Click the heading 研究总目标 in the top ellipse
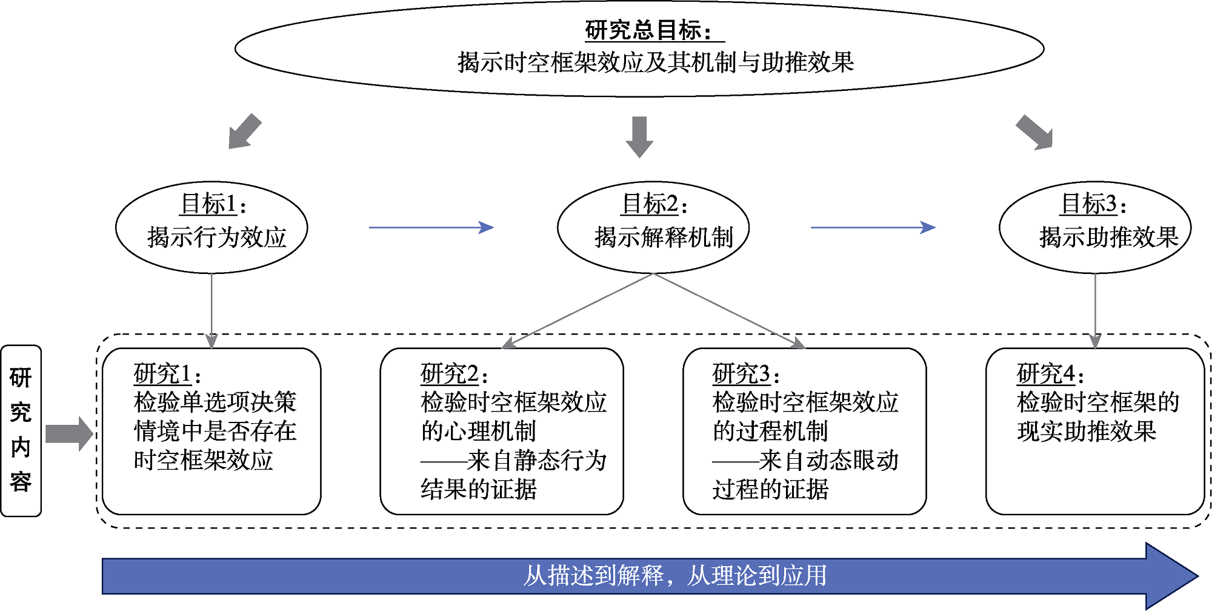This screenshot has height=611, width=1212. click(x=647, y=30)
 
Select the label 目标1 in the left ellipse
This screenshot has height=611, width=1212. click(x=208, y=204)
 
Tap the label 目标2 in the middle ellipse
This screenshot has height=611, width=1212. click(x=650, y=204)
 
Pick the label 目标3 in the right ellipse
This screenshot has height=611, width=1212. click(x=1089, y=204)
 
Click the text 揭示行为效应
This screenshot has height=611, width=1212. click(x=216, y=237)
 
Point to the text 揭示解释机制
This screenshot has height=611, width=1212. click(x=664, y=237)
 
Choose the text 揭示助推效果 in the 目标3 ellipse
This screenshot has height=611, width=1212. click(x=1108, y=237)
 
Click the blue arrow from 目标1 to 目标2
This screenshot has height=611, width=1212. click(x=431, y=228)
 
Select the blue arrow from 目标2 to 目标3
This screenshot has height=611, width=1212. click(x=873, y=228)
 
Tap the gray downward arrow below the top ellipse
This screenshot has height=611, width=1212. click(x=639, y=136)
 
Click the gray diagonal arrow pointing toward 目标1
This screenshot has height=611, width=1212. click(x=244, y=131)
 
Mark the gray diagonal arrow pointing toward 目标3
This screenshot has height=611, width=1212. click(x=1035, y=132)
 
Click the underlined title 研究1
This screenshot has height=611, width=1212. click(x=163, y=374)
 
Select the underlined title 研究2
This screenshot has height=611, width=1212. click(x=450, y=374)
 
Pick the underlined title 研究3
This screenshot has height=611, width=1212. click(x=741, y=374)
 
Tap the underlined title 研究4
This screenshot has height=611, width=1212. click(x=1046, y=374)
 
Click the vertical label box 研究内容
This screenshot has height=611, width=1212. click(x=21, y=430)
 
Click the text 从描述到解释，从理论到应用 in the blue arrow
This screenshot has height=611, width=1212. click(x=674, y=576)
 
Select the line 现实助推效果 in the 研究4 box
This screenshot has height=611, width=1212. click(x=1087, y=432)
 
